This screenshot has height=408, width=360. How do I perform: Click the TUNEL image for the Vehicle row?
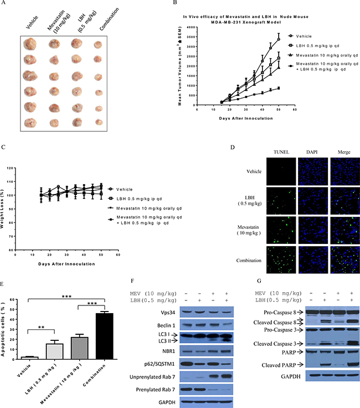pos(280,170)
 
